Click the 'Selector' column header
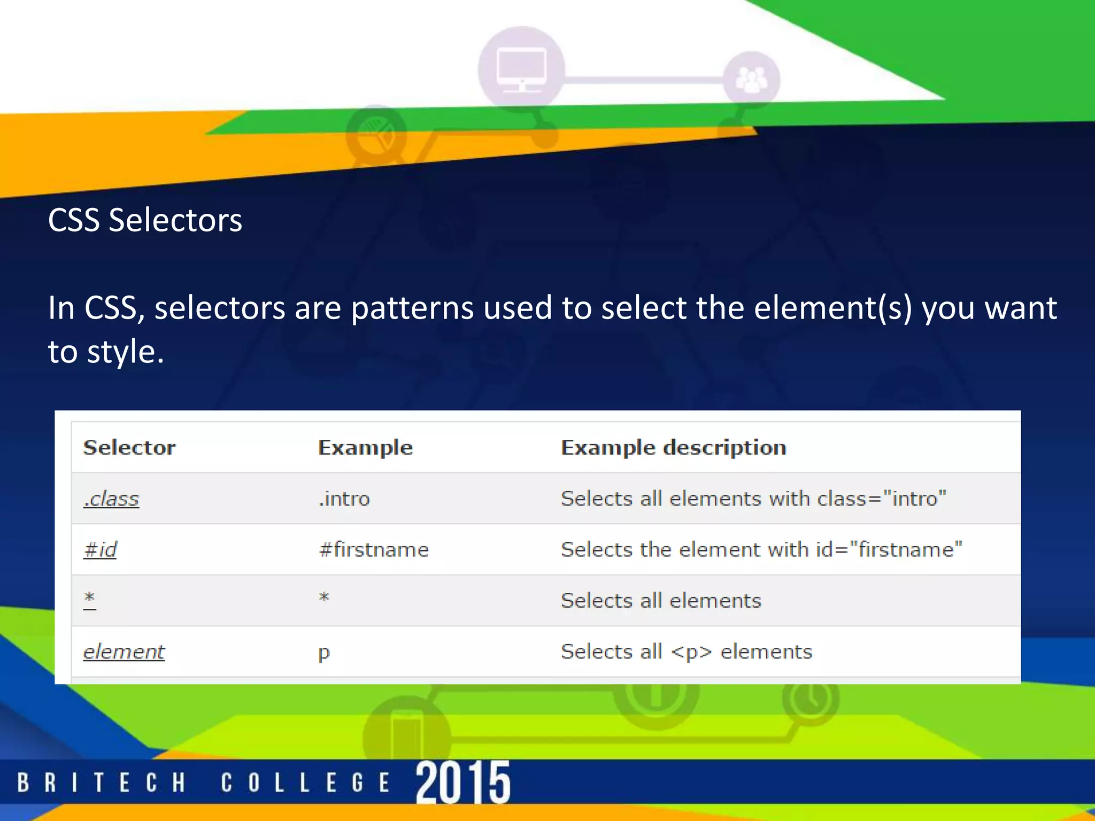coord(129,447)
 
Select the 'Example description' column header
coord(673,447)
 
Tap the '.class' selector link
coord(111,499)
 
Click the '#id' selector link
coord(100,549)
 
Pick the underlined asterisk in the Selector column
coord(89,599)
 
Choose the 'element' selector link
coord(124,652)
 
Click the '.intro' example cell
coord(344,499)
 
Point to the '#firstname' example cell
coord(373,549)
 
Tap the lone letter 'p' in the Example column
coord(324,653)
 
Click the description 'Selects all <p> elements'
coord(686,652)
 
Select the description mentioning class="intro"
coord(753,499)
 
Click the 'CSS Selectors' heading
coord(145,220)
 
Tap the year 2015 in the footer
coord(463,782)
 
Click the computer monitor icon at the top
coord(521,68)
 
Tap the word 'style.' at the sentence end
coord(125,352)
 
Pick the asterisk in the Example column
coord(324,597)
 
